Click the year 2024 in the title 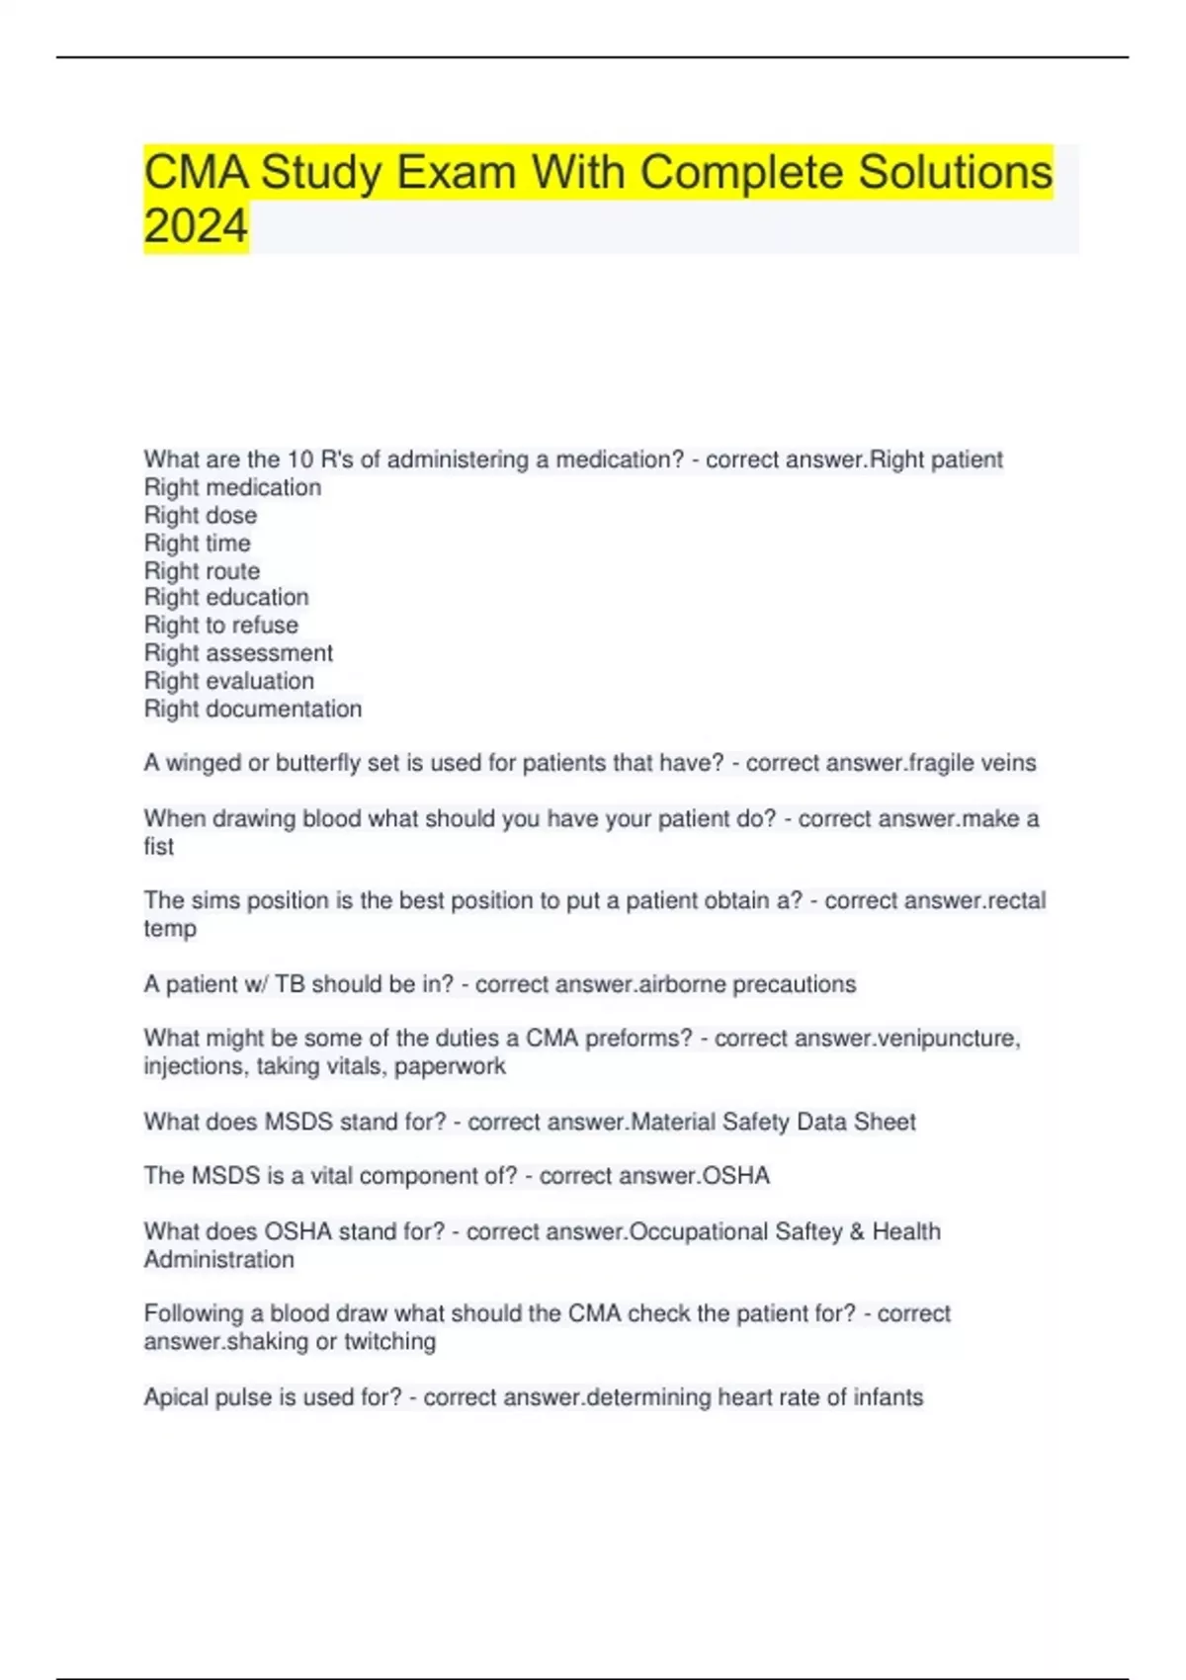pyautogui.click(x=196, y=226)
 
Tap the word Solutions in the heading pyautogui.click(x=955, y=172)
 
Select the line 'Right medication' pyautogui.click(x=232, y=487)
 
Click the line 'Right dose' pyautogui.click(x=201, y=515)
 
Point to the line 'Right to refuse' pyautogui.click(x=220, y=625)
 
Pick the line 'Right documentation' pyautogui.click(x=253, y=709)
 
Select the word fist pyautogui.click(x=158, y=847)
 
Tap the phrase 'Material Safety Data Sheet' pyautogui.click(x=773, y=1122)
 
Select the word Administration pyautogui.click(x=218, y=1259)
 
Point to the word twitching pyautogui.click(x=389, y=1341)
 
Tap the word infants pyautogui.click(x=888, y=1397)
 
